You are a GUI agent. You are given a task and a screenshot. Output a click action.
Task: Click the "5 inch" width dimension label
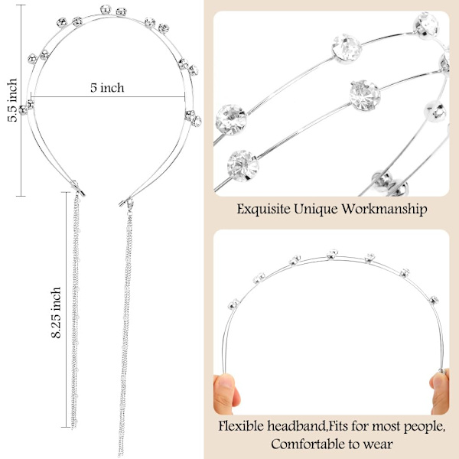coord(107,88)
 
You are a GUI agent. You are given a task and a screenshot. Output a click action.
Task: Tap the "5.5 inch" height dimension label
coord(12,99)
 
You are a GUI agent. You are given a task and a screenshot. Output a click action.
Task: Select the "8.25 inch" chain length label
coord(56,312)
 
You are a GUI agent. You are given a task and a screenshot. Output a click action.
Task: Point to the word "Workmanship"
coord(385,209)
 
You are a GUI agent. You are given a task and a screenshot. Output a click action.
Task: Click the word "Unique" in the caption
coord(316,210)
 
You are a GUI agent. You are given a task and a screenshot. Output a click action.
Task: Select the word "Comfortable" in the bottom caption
coord(308,444)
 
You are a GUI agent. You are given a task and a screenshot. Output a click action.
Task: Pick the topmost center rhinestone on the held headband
coord(332,254)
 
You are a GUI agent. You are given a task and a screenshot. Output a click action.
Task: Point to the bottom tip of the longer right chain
coord(121,454)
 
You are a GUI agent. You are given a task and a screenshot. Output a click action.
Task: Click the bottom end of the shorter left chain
coord(75,427)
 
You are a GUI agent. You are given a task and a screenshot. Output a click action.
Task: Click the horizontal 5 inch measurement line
coord(108,96)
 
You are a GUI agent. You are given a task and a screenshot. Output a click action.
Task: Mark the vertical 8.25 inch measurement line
coord(66,309)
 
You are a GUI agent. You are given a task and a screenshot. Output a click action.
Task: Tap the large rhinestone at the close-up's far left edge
coord(231,119)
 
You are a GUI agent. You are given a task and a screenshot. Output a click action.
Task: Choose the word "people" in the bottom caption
coord(424,427)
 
